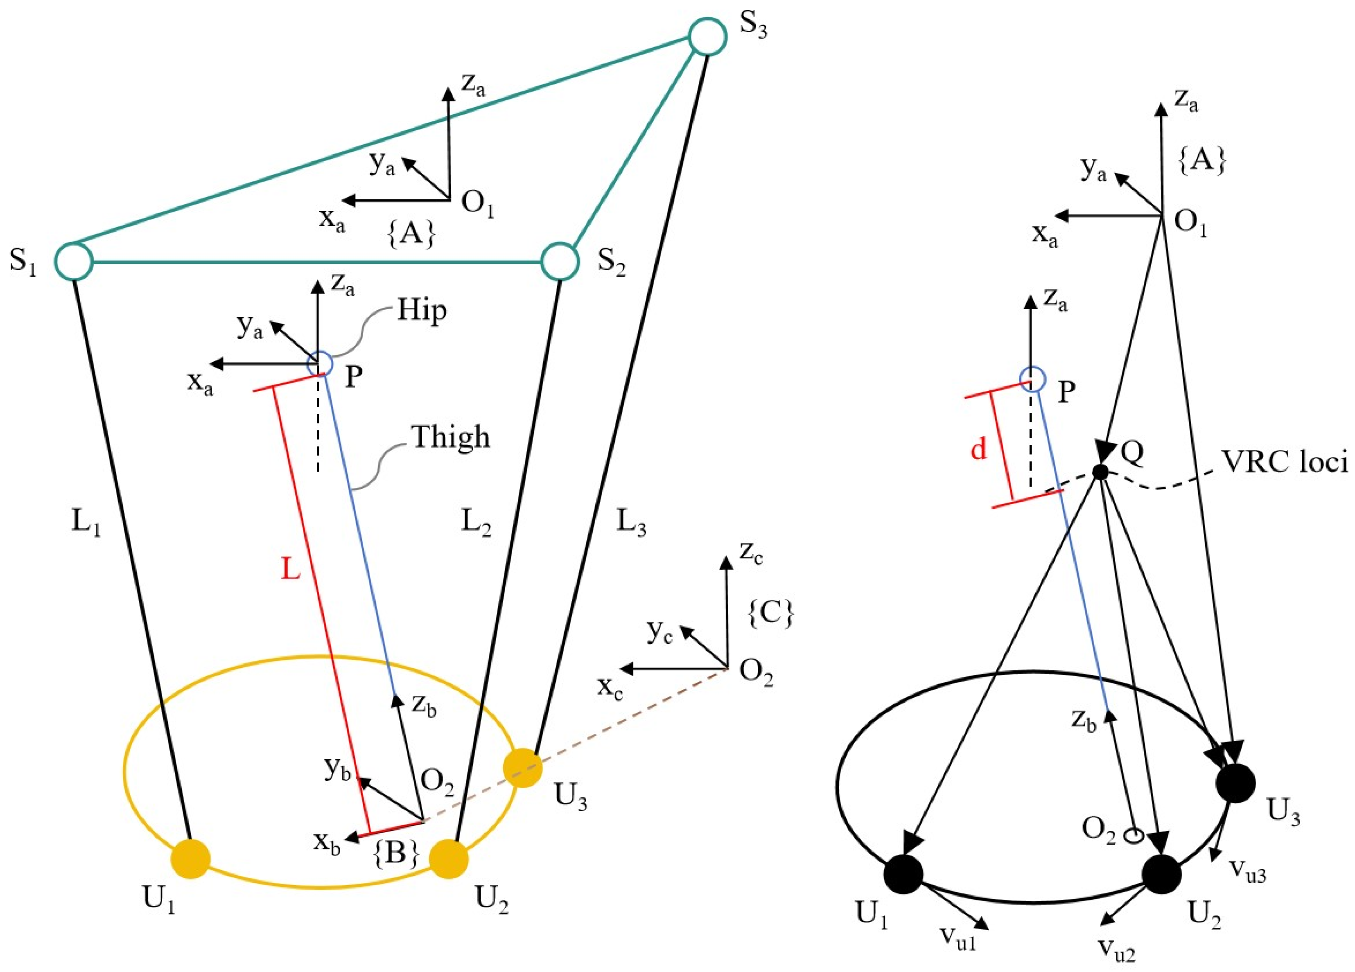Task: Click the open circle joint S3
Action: coord(707,37)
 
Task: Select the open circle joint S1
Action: coord(74,261)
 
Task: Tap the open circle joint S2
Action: coord(560,261)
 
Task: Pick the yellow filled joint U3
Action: coord(523,768)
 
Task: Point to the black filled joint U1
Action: coord(903,875)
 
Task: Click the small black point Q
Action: coord(1100,472)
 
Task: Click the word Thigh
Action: coord(450,438)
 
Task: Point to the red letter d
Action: coord(978,449)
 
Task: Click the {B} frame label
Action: coord(395,854)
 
